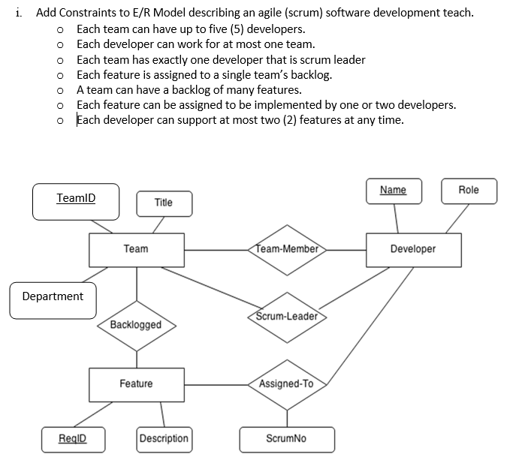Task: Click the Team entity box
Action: tap(136, 249)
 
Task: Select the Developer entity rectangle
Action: tap(412, 249)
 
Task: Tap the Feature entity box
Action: tap(136, 384)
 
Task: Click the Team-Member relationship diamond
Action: tap(286, 248)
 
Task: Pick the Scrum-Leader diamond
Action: tap(286, 316)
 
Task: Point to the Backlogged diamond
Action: tap(136, 325)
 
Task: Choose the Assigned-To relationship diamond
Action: tap(286, 384)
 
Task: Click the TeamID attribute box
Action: tap(76, 200)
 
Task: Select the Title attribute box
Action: tap(163, 203)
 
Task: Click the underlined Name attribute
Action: tap(393, 191)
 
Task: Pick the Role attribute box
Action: tap(468, 191)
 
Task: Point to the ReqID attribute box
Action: tap(73, 438)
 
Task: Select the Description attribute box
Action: tap(164, 438)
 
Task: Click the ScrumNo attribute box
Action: tap(286, 439)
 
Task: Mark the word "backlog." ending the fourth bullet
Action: tap(307, 74)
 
